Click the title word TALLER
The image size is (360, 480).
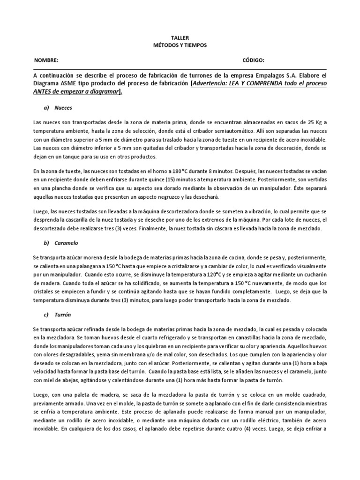pyautogui.click(x=180, y=37)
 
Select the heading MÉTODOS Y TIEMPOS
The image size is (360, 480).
pyautogui.click(x=180, y=45)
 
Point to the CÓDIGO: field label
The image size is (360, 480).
pyautogui.click(x=254, y=60)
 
